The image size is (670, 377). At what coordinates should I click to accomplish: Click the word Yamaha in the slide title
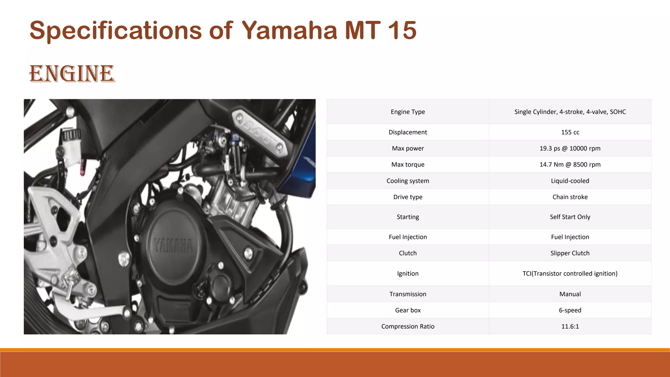pyautogui.click(x=289, y=30)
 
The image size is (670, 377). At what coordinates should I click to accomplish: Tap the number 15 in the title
pyautogui.click(x=402, y=30)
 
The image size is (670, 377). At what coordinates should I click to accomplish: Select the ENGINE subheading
pyautogui.click(x=72, y=74)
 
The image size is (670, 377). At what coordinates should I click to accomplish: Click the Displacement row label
pyautogui.click(x=408, y=132)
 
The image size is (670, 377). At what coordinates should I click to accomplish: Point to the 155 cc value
pyautogui.click(x=570, y=132)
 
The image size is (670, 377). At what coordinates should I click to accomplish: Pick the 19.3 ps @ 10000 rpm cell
pyautogui.click(x=570, y=148)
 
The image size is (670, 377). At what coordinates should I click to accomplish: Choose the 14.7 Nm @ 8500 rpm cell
pyautogui.click(x=570, y=165)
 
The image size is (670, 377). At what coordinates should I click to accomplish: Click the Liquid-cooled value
pyautogui.click(x=570, y=181)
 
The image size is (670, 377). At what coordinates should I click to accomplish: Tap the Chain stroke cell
pyautogui.click(x=570, y=197)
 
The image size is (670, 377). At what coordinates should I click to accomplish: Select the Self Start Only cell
pyautogui.click(x=570, y=217)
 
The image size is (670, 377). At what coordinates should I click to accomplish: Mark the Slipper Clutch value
pyautogui.click(x=570, y=253)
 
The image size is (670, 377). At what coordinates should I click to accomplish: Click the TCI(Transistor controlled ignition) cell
pyautogui.click(x=570, y=274)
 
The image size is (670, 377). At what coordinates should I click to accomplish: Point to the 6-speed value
pyautogui.click(x=570, y=310)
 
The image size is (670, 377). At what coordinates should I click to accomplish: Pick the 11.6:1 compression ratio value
pyautogui.click(x=570, y=326)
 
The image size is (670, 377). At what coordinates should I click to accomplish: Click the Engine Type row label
pyautogui.click(x=408, y=112)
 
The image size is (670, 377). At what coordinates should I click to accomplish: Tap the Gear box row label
pyautogui.click(x=408, y=310)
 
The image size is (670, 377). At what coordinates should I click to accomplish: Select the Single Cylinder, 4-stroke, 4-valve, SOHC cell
pyautogui.click(x=570, y=112)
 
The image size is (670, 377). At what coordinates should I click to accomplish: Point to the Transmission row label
pyautogui.click(x=408, y=294)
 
